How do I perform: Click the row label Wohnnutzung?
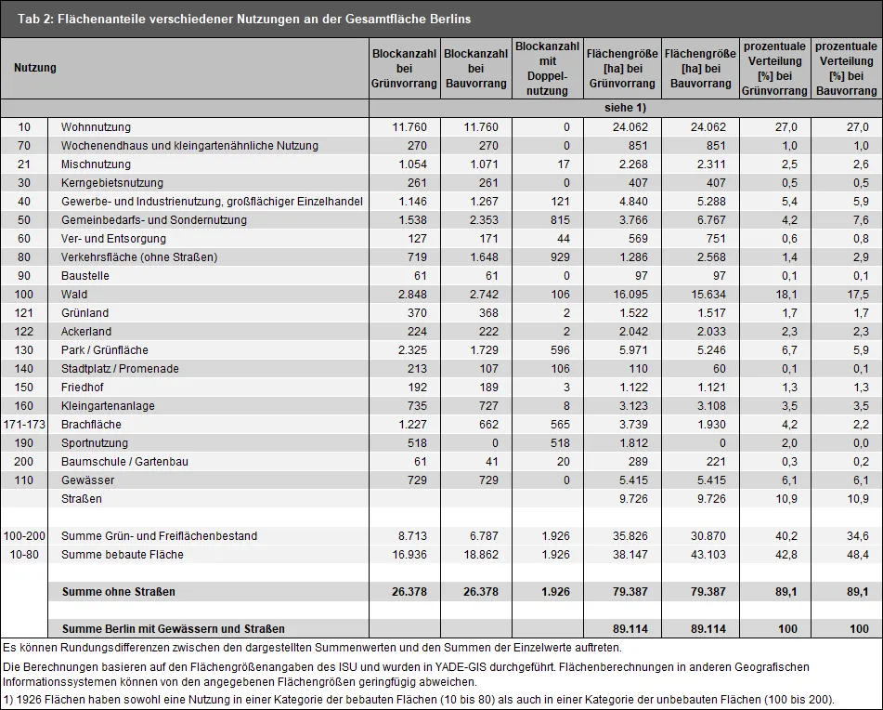pos(96,127)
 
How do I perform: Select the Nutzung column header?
pos(35,68)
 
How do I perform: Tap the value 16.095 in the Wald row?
pos(630,295)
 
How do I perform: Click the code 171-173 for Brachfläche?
pos(23,425)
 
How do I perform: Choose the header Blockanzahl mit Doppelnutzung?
pos(548,68)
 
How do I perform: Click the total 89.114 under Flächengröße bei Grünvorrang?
pos(630,629)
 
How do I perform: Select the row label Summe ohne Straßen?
pos(118,592)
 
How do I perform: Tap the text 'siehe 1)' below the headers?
pos(625,108)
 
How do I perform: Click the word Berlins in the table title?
pos(450,19)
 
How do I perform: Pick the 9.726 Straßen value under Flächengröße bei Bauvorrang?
pos(708,499)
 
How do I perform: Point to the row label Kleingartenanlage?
pos(108,406)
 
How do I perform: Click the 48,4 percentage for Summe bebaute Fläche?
pos(858,555)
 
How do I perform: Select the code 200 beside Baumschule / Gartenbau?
pos(23,462)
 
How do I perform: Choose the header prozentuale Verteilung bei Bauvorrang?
pos(847,68)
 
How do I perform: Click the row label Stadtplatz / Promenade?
pos(120,369)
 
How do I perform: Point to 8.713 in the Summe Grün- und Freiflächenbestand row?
pos(409,536)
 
